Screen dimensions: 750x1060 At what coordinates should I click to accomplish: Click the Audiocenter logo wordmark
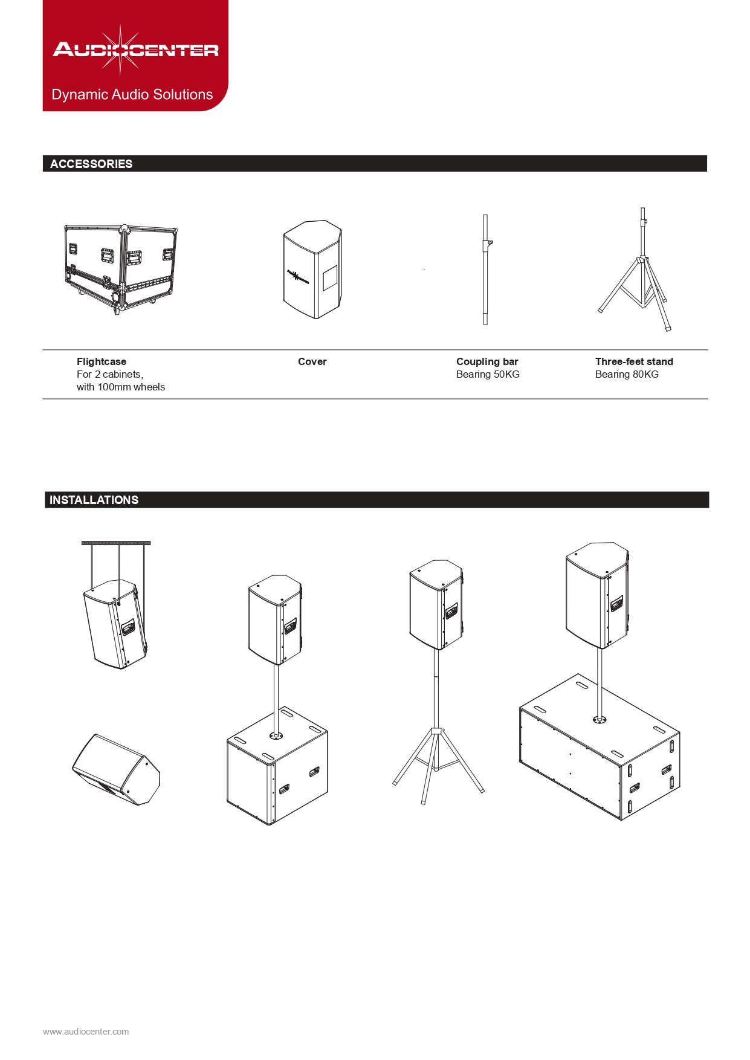[135, 50]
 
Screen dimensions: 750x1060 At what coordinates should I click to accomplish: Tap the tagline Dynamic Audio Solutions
[132, 94]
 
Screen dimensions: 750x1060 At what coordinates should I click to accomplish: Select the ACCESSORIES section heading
[91, 164]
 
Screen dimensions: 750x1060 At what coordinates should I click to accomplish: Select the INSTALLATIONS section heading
[94, 500]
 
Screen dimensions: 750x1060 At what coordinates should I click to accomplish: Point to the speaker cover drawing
[312, 269]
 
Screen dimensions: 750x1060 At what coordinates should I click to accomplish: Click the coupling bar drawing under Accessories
[486, 270]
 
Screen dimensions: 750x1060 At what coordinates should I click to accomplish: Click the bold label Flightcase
[102, 361]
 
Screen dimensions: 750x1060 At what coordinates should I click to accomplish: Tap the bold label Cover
[312, 361]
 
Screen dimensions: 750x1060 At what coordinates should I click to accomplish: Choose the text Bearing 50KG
[488, 374]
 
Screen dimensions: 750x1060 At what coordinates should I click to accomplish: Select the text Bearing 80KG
[627, 374]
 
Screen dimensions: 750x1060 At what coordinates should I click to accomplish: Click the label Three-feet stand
[634, 361]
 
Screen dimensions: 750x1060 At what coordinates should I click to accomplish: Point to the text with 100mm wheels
[121, 387]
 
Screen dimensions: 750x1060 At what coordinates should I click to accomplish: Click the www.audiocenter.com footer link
[86, 1032]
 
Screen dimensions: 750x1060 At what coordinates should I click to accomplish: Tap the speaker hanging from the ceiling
[115, 624]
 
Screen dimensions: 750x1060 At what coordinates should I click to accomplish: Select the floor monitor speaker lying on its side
[117, 769]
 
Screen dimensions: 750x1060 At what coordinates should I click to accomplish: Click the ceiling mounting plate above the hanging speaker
[116, 543]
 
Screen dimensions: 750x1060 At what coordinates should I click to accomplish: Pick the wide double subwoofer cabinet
[600, 747]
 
